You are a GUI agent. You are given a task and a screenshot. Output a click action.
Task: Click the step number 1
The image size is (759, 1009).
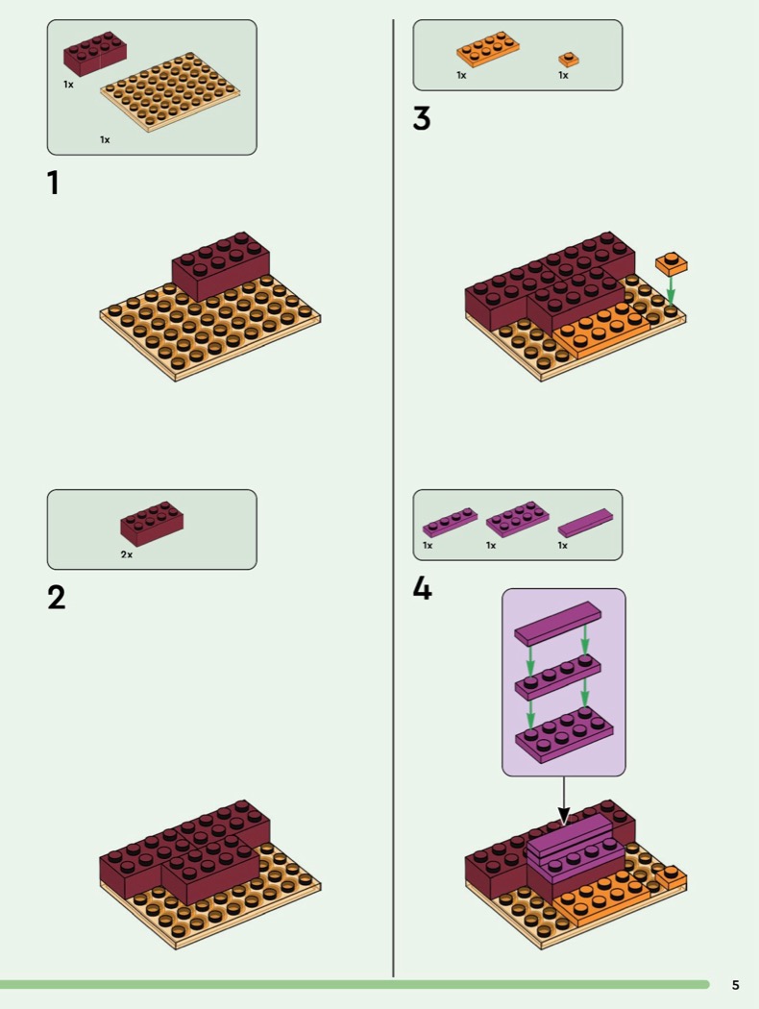[x=54, y=183]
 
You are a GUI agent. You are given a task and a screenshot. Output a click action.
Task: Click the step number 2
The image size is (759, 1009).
[x=57, y=598]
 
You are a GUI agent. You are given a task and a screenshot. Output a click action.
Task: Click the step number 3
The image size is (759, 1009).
[x=422, y=118]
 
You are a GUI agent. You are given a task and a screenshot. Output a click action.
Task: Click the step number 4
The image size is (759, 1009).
[x=422, y=588]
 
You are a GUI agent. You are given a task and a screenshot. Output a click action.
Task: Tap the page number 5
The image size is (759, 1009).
[x=736, y=985]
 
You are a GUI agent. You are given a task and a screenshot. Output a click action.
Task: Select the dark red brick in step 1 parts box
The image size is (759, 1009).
[x=94, y=54]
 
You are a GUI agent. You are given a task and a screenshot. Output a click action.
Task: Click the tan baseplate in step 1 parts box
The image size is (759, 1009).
[x=170, y=92]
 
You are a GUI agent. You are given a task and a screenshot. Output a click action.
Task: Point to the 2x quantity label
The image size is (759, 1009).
[x=127, y=554]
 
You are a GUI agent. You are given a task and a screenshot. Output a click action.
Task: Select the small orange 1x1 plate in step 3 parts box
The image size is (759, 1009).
[x=569, y=60]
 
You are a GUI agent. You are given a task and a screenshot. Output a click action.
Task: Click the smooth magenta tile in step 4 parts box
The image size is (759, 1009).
[x=585, y=523]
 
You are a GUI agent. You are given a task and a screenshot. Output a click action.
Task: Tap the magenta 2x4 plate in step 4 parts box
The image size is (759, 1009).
[x=518, y=519]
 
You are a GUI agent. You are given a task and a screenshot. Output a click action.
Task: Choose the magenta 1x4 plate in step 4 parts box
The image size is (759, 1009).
[x=451, y=522]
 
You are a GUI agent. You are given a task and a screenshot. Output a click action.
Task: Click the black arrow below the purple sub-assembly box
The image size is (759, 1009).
[x=563, y=800]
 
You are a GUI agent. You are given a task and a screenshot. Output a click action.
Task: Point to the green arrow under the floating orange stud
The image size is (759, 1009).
[x=671, y=291]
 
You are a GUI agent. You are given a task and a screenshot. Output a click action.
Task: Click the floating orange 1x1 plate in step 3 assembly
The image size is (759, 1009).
[x=672, y=264]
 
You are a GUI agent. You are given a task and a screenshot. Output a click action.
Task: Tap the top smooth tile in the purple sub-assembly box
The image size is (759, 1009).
[x=557, y=624]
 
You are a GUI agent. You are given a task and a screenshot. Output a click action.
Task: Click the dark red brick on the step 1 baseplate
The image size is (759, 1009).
[x=221, y=266]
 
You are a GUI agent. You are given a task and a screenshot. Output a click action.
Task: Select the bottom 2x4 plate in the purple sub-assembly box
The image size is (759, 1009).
[x=564, y=735]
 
